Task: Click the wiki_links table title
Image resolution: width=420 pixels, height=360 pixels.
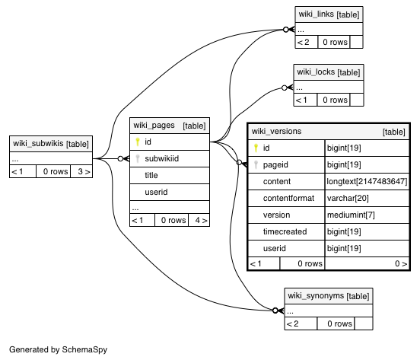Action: point(329,14)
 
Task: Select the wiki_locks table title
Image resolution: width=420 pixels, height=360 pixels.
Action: point(329,72)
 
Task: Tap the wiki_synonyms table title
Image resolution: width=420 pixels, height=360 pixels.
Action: point(329,296)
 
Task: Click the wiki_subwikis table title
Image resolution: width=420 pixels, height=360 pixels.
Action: point(51,144)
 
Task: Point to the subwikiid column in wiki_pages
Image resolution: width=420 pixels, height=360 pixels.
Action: point(162,158)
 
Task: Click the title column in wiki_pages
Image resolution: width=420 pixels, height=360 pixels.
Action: point(151,176)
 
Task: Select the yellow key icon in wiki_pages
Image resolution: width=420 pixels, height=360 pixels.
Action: point(138,142)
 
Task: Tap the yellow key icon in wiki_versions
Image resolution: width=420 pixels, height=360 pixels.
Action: point(256,148)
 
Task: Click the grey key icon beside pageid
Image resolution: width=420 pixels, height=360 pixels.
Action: point(256,164)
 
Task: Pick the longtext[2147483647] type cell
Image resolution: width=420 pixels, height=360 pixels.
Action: point(367,181)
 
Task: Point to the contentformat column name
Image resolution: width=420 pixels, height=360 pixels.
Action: point(288,198)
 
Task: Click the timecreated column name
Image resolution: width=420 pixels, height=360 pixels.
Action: point(285,231)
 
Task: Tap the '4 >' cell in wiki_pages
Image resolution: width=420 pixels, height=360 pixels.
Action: point(199,220)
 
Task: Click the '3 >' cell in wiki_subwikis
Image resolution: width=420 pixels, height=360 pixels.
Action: point(81,171)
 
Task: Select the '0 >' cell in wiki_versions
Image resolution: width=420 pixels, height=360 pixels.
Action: point(367,264)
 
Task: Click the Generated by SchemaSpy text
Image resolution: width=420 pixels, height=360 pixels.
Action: point(58,349)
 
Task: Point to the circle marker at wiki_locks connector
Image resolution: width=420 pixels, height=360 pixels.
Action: point(285,88)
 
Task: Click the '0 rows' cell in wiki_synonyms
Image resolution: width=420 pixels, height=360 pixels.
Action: point(336,323)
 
